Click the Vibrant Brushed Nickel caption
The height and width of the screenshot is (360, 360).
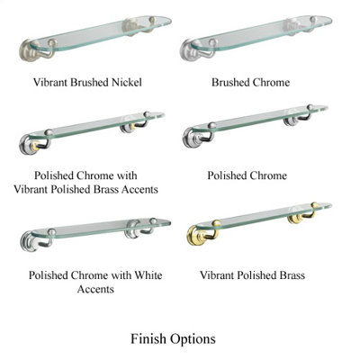coord(87,82)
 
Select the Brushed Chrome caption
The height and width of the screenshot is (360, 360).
coord(251,82)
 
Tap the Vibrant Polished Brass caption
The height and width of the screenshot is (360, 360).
coord(253,275)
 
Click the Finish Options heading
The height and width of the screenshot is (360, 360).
coord(173,339)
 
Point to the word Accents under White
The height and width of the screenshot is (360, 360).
coord(95,289)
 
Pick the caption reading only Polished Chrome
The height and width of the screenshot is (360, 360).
coord(247,175)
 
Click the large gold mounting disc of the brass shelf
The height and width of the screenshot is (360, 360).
coord(196,235)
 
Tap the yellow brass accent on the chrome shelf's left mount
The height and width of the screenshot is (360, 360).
coord(36,146)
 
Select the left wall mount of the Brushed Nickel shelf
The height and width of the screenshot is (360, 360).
coord(29,50)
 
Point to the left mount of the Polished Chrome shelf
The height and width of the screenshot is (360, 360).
coord(191,138)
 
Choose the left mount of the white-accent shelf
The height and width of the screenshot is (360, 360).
coord(29,241)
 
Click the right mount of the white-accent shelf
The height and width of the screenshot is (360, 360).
coord(132,229)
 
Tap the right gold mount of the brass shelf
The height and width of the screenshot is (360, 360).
coord(295,217)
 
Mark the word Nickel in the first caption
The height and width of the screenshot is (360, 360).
coord(127,82)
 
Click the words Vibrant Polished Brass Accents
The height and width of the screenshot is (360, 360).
coord(86,189)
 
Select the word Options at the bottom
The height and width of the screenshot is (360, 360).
coord(193,339)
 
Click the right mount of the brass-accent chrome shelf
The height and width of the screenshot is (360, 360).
coord(129,126)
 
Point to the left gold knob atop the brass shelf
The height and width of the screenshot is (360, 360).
coord(217,223)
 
